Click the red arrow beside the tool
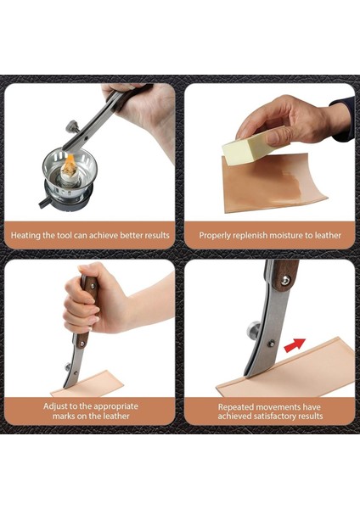coord(295,345)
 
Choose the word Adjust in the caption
coord(54,406)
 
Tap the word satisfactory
coord(281,417)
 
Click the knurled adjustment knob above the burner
coord(73,126)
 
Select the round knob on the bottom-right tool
coord(252,329)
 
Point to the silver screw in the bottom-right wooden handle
coord(285,280)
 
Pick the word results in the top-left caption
coord(158,235)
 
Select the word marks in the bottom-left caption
coord(64,417)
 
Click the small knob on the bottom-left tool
coord(68,366)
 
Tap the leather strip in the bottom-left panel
coord(88,383)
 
